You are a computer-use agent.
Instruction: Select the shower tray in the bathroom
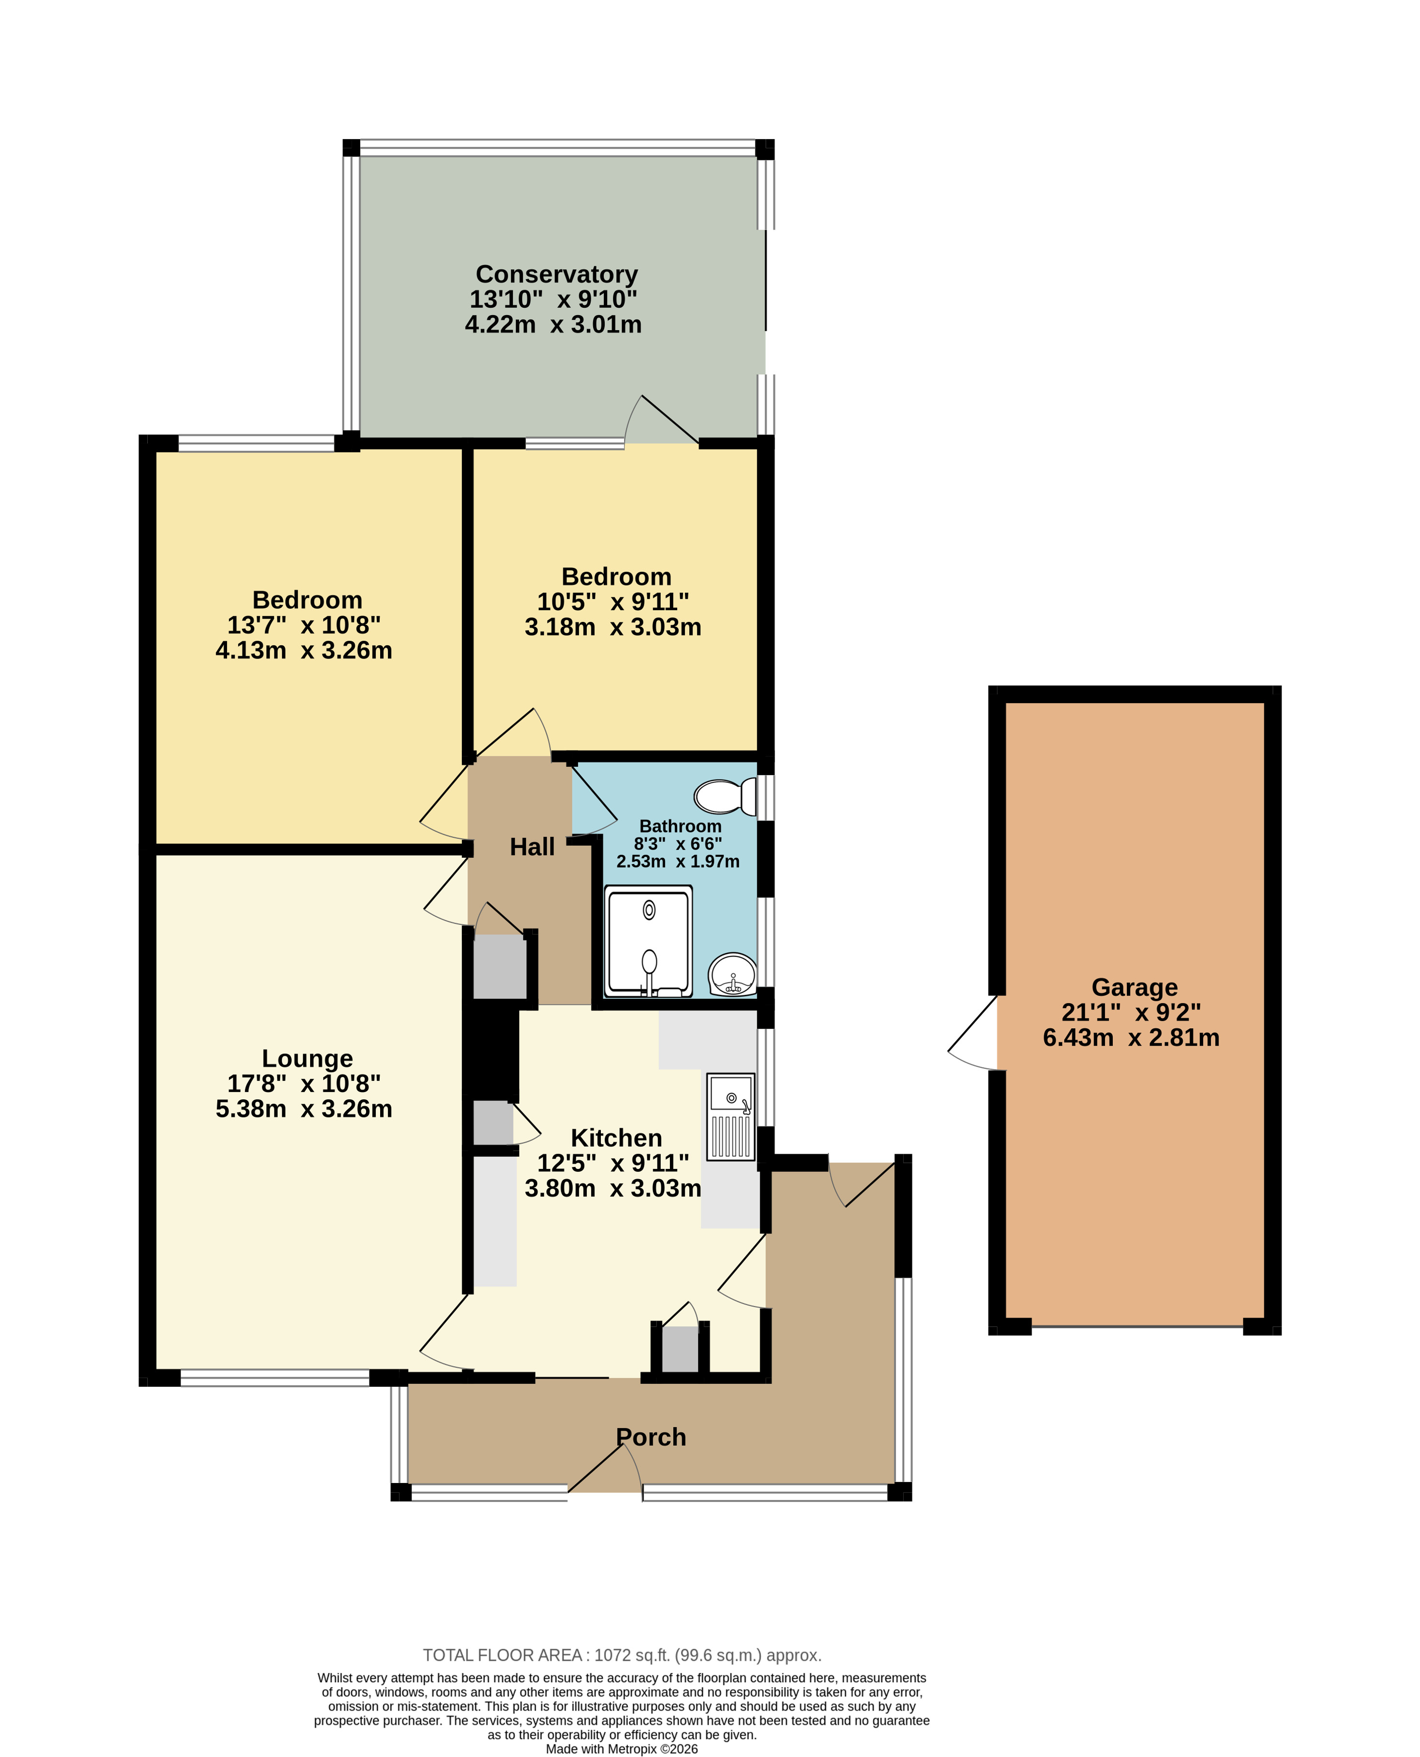649,942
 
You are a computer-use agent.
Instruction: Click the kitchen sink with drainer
730,1117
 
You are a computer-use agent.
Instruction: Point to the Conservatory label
556,274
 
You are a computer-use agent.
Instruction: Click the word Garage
1135,988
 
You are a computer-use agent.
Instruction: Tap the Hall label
532,847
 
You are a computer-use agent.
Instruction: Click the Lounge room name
308,1059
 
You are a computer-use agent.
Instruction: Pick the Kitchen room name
616,1138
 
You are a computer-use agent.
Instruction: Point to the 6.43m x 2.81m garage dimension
1131,1037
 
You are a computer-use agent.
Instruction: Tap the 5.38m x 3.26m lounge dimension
303,1109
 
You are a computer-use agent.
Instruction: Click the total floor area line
622,1656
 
